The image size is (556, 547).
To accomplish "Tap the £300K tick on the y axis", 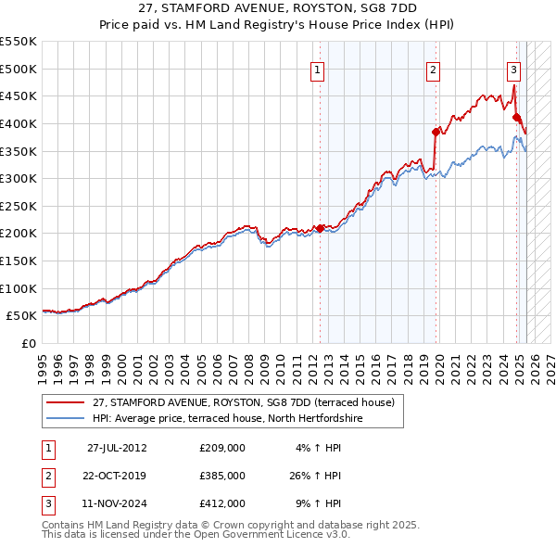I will click(x=19, y=178).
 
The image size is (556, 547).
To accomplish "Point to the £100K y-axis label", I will click(x=19, y=288).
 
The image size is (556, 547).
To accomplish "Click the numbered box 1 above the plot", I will click(x=318, y=69).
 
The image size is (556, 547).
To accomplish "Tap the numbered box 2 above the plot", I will click(x=433, y=69).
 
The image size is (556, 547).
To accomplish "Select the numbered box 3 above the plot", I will click(x=512, y=69).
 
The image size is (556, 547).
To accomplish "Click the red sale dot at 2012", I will click(x=321, y=228).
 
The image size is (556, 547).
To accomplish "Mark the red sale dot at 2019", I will click(x=436, y=132).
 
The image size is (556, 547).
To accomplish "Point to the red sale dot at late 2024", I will click(x=516, y=117).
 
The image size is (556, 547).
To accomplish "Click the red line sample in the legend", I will click(x=67, y=402).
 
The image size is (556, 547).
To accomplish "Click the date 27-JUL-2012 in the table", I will click(x=117, y=448).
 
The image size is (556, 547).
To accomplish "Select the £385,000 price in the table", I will click(x=222, y=476).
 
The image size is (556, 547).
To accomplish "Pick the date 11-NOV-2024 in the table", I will click(x=117, y=503).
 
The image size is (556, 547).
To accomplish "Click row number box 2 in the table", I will click(x=49, y=476).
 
